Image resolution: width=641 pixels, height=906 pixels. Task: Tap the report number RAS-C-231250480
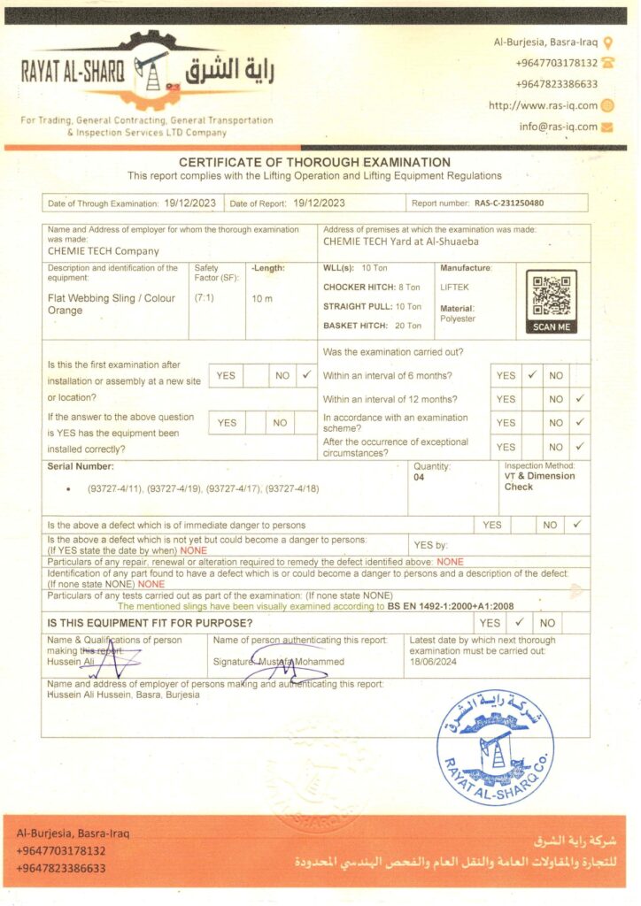[x=509, y=203]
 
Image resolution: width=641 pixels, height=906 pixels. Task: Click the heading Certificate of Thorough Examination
[x=314, y=162]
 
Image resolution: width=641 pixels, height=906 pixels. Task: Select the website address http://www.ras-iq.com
[x=544, y=105]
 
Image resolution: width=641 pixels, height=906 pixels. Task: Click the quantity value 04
[x=419, y=477]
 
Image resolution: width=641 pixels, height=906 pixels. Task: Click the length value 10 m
[x=262, y=299]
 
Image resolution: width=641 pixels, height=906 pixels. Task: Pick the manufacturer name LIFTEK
[x=456, y=288]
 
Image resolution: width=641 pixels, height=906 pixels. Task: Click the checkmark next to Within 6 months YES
[x=532, y=375]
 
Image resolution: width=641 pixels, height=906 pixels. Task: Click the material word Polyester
[x=458, y=319]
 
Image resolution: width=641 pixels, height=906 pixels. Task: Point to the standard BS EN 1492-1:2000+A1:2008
[x=450, y=607]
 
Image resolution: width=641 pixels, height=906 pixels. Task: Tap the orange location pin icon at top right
[x=607, y=42]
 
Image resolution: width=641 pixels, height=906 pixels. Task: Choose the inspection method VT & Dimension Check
[x=539, y=481]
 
